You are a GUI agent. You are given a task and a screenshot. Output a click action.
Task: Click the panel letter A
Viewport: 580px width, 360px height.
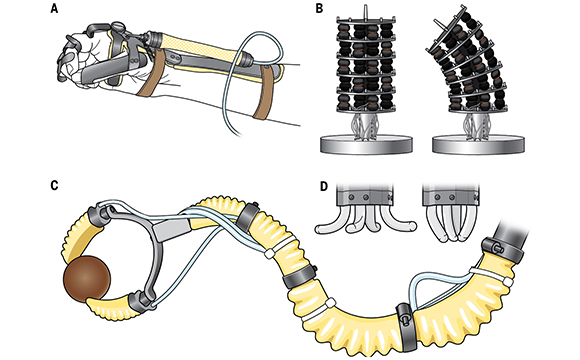tap(55, 9)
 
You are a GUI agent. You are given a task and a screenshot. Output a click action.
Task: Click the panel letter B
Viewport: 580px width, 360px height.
tap(320, 9)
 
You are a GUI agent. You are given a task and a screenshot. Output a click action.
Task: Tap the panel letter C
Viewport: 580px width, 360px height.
tap(55, 185)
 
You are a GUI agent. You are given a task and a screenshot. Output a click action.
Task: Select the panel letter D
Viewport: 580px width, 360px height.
tap(324, 186)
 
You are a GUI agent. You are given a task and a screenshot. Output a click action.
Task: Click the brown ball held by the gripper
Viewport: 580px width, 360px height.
tap(87, 277)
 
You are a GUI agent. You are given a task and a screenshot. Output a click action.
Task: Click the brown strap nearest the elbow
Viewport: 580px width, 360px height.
tap(265, 91)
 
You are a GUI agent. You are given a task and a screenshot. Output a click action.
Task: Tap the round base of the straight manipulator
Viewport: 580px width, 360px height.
tap(366, 144)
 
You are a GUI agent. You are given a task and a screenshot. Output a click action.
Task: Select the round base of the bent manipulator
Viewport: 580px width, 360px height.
tap(478, 144)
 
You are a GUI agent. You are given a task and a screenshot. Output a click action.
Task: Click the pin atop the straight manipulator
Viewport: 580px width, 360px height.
tap(365, 10)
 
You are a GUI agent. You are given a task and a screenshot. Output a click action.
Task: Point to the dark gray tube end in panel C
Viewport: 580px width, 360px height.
tap(512, 233)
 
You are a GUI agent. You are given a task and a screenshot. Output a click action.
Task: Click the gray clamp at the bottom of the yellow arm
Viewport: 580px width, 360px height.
tap(407, 326)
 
